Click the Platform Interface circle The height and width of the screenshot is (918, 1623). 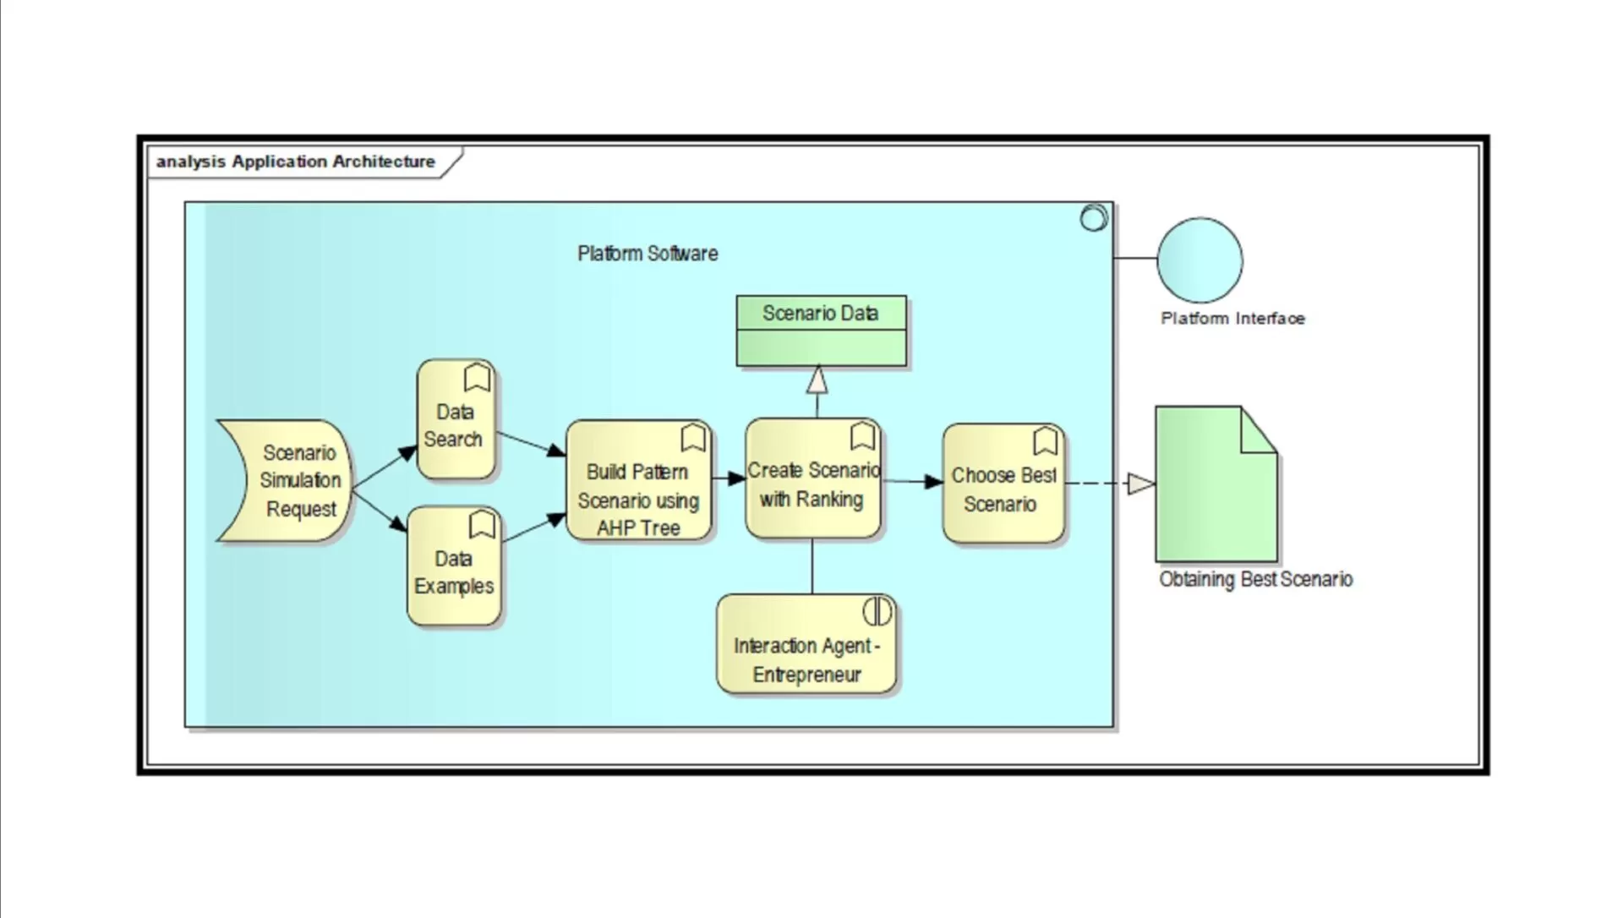pos(1199,260)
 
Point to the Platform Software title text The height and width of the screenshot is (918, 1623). pos(648,254)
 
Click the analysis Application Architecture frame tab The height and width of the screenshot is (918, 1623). pos(296,161)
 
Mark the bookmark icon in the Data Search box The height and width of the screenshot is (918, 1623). pos(478,377)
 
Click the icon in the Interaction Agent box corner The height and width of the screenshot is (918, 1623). pos(877,611)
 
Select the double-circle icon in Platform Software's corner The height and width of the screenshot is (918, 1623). pos(1094,218)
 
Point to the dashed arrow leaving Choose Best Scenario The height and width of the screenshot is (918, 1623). pos(1099,484)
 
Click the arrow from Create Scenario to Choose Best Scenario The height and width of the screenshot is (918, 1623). pos(913,482)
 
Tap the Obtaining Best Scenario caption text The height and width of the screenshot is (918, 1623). pos(1255,580)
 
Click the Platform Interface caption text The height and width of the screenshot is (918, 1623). pos(1232,319)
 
